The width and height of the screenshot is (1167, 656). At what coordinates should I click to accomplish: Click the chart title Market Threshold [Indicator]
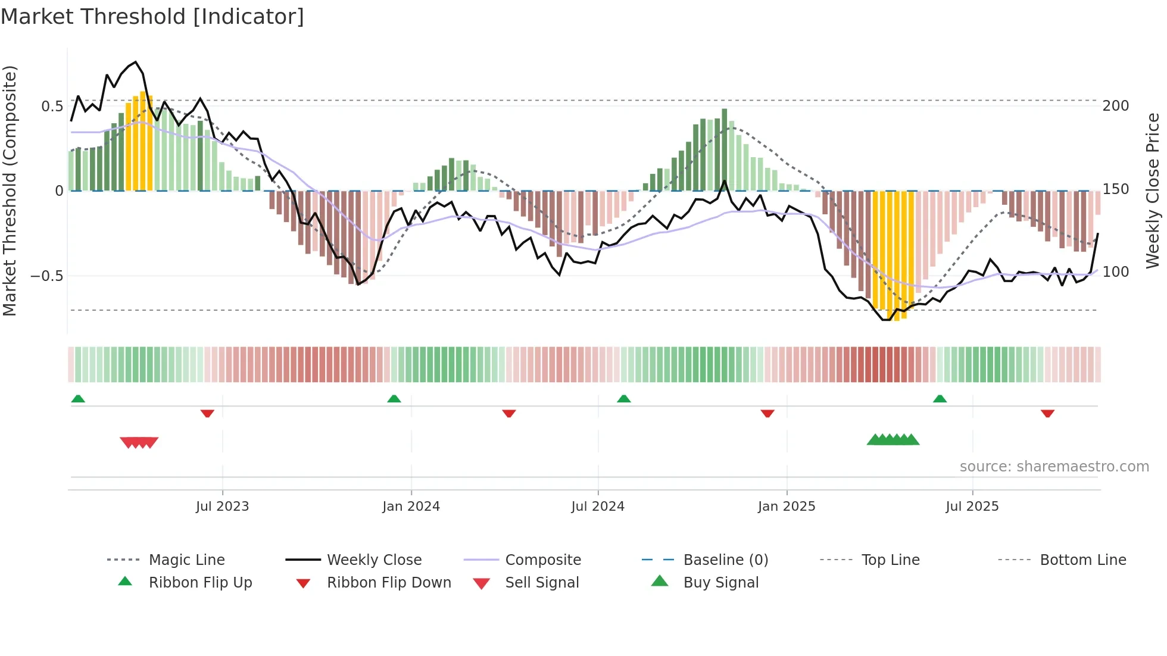(x=152, y=17)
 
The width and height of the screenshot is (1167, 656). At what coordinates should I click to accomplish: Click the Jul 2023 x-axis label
(x=222, y=507)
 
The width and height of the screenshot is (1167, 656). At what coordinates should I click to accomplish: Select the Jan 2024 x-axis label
(x=411, y=507)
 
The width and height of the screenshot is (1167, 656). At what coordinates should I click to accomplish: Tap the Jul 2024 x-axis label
(x=598, y=507)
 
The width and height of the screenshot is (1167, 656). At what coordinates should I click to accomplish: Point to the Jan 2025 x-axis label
(x=787, y=507)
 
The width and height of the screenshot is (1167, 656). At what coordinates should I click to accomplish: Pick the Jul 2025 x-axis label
(x=972, y=507)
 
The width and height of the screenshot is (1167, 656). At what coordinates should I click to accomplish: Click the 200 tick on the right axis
(x=1116, y=106)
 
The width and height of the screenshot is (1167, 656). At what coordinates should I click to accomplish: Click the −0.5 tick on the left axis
(x=46, y=276)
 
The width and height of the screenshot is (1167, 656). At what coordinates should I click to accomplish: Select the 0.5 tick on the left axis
(x=52, y=107)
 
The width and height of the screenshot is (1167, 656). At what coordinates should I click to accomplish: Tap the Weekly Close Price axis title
(x=1153, y=190)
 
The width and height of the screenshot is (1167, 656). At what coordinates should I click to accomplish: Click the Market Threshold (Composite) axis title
(x=10, y=190)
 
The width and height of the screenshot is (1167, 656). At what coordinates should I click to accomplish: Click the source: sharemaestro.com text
(x=1054, y=467)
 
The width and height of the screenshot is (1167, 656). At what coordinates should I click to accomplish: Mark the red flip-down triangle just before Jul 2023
(x=207, y=413)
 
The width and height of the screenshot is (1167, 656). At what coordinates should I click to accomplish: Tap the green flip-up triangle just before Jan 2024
(x=394, y=399)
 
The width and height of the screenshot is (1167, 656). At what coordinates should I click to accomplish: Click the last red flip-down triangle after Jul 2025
(x=1047, y=413)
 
